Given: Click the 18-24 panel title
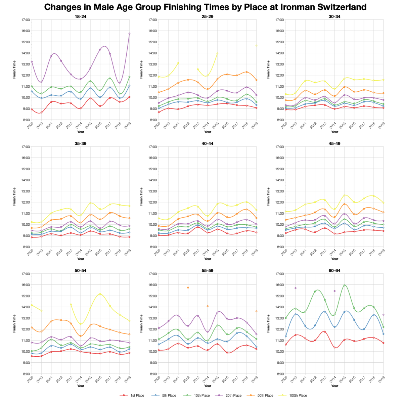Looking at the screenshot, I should pyautogui.click(x=81, y=16).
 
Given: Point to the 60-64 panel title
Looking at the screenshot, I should pyautogui.click(x=334, y=270).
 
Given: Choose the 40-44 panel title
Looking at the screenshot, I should pyautogui.click(x=208, y=143).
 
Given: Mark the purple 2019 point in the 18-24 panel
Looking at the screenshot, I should pyautogui.click(x=129, y=34).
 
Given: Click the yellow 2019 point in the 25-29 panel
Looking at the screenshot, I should pyautogui.click(x=256, y=45).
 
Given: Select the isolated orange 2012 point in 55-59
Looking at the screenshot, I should pyautogui.click(x=188, y=287).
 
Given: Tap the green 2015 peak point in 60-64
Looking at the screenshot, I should pyautogui.click(x=344, y=285).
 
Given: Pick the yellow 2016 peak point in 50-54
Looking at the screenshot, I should pyautogui.click(x=100, y=294).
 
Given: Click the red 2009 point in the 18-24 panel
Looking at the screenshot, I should pyautogui.click(x=32, y=109).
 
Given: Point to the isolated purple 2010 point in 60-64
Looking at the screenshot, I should pyautogui.click(x=296, y=288).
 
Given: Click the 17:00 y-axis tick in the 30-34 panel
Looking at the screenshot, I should pyautogui.click(x=279, y=20).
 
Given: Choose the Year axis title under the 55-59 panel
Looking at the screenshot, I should pyautogui.click(x=208, y=386).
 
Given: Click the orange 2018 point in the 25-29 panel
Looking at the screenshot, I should pyautogui.click(x=247, y=72).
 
